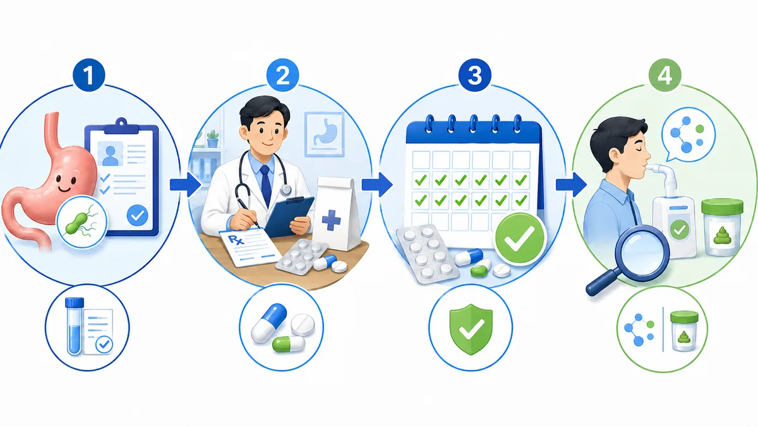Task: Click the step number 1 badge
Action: [x=88, y=75]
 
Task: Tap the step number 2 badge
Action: [x=282, y=75]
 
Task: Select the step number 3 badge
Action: [x=474, y=75]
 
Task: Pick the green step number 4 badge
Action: [x=665, y=75]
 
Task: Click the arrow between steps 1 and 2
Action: [x=186, y=185]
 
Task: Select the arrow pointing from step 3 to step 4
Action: [x=571, y=185]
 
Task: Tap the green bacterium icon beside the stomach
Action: [x=82, y=223]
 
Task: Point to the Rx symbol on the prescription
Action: [x=236, y=240]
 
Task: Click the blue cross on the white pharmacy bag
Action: [x=331, y=220]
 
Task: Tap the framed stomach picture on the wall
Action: [x=325, y=134]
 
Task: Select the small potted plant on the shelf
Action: [x=213, y=139]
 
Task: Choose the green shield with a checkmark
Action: [x=471, y=329]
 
